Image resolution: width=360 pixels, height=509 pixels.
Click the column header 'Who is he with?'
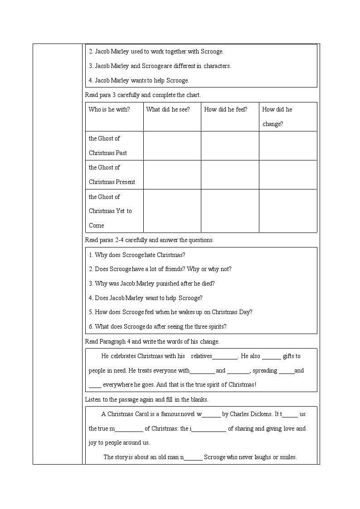(x=109, y=109)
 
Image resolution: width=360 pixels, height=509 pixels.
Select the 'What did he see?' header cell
(x=168, y=109)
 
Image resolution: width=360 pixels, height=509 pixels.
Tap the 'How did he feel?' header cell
(x=226, y=109)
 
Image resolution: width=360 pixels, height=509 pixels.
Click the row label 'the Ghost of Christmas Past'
(x=108, y=145)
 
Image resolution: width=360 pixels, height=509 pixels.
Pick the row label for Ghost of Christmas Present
(x=112, y=175)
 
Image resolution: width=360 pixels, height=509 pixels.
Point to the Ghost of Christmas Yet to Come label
(x=110, y=211)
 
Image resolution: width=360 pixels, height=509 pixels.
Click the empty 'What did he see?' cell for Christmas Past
(x=172, y=145)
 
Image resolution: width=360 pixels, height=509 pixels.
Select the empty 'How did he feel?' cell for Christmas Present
(x=230, y=175)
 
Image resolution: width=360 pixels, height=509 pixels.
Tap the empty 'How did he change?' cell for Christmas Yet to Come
(x=288, y=211)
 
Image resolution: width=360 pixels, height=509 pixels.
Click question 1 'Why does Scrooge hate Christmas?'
(x=137, y=255)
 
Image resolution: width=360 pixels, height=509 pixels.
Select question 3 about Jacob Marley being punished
(x=152, y=283)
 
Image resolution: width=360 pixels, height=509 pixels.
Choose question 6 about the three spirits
(x=157, y=326)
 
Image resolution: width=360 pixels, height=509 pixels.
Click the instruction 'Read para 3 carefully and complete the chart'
(x=143, y=95)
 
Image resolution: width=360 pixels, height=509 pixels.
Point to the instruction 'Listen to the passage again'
(x=146, y=399)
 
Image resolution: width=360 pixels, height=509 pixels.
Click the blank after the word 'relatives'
(x=225, y=357)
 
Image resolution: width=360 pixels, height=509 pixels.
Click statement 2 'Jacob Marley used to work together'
(x=156, y=52)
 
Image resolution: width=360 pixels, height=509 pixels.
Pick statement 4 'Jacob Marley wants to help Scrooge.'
(x=139, y=80)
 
